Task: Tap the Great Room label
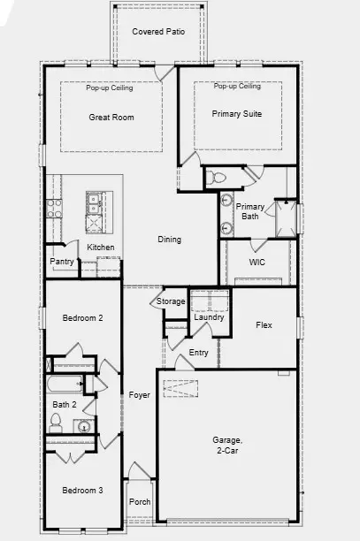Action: tap(110, 117)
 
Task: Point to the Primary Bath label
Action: tap(250, 211)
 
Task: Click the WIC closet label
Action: tap(257, 263)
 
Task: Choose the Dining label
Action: tap(169, 240)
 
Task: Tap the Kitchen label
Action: tap(101, 247)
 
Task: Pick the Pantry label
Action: tap(62, 262)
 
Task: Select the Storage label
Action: tap(171, 301)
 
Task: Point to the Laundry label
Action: tap(210, 317)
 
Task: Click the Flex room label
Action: tap(264, 325)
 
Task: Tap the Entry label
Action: tap(199, 353)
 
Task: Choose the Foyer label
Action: tap(139, 395)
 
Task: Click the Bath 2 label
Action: tap(65, 404)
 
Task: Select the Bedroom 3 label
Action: tap(82, 491)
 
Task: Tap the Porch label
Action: tap(140, 502)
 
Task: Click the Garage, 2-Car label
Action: tap(233, 445)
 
